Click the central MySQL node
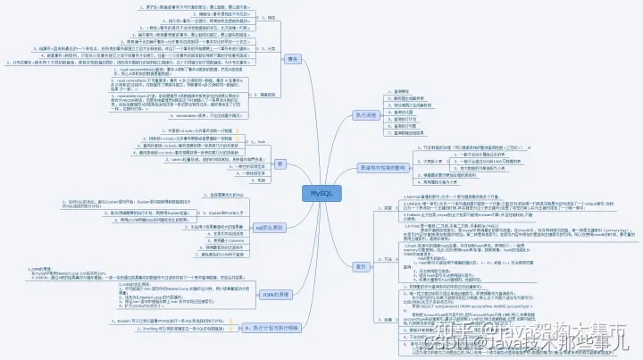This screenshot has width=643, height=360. tap(321, 193)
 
